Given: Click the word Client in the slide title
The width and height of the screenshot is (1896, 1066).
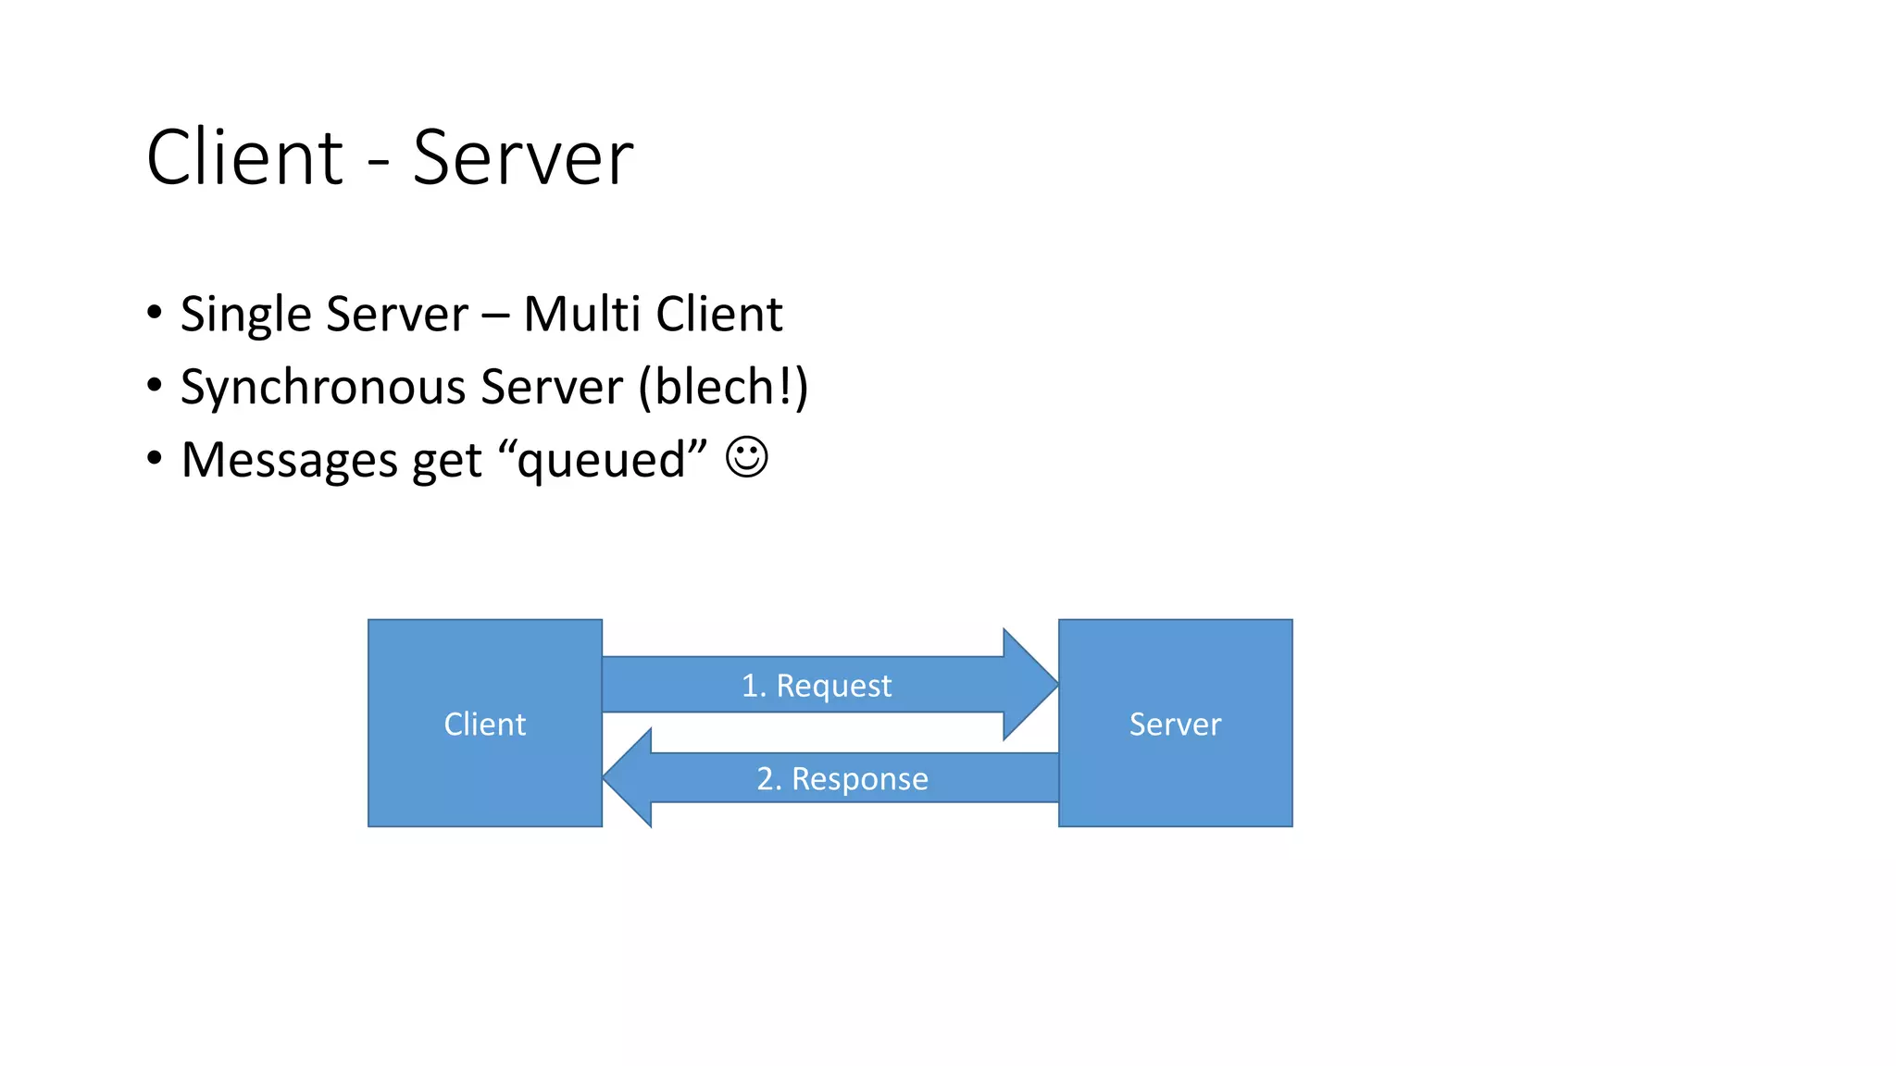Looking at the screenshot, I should click(x=244, y=157).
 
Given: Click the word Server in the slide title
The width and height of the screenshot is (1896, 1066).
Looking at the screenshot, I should click(x=522, y=157).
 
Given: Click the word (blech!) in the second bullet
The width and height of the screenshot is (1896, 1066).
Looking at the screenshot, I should click(x=723, y=386).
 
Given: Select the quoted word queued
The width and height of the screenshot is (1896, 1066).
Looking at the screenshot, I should click(x=602, y=460).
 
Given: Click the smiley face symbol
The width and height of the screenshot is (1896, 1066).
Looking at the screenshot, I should click(x=746, y=457).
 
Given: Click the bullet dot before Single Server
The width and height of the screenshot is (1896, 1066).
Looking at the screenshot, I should click(x=155, y=313).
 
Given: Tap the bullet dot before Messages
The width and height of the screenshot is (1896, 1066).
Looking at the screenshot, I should click(x=155, y=458).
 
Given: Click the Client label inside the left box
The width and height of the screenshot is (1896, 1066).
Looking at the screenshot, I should click(x=484, y=724).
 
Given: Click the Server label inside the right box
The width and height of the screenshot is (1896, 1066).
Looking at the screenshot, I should click(x=1175, y=724).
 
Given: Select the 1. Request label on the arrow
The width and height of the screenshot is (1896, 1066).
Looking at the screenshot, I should click(x=816, y=686).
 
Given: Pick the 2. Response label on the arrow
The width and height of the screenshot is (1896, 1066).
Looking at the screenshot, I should click(x=842, y=778).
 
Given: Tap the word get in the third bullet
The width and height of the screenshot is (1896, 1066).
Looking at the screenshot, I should click(x=447, y=461).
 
